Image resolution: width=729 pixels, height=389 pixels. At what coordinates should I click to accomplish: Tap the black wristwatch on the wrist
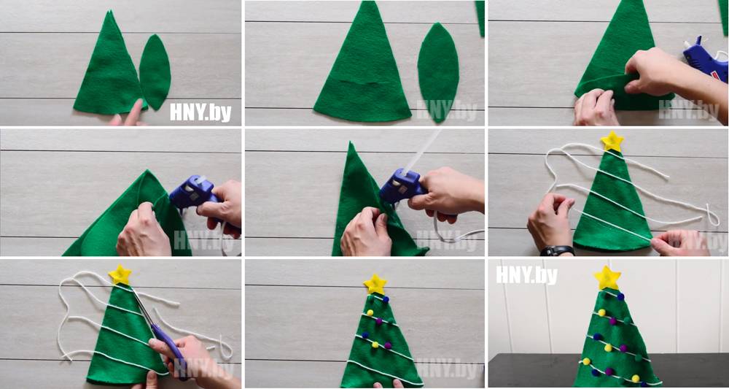pos(557,251)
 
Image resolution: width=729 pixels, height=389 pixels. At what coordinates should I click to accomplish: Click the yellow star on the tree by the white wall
pos(607,278)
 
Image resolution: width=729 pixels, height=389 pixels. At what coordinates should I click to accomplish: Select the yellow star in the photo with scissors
pos(120,274)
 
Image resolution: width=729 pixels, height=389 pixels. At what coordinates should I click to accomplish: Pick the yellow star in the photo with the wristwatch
pos(612,142)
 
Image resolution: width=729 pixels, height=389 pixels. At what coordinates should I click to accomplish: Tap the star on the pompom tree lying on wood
pos(375,284)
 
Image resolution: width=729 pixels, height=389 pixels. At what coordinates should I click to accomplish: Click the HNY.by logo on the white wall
pos(526,275)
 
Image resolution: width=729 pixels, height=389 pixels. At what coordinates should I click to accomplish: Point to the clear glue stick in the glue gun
pos(422,152)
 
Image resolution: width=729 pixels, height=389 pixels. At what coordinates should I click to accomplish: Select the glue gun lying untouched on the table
pos(705,58)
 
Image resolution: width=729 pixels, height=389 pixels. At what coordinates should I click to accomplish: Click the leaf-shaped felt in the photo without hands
pos(438,72)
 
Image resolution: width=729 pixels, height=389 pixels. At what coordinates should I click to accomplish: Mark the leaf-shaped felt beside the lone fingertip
pos(155,72)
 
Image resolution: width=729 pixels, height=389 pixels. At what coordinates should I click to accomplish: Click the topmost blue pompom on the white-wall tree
pos(620,296)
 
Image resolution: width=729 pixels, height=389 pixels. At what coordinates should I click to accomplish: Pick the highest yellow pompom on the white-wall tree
pos(601,312)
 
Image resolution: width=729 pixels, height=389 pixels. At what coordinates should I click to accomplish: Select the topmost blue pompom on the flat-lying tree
pos(386,299)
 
